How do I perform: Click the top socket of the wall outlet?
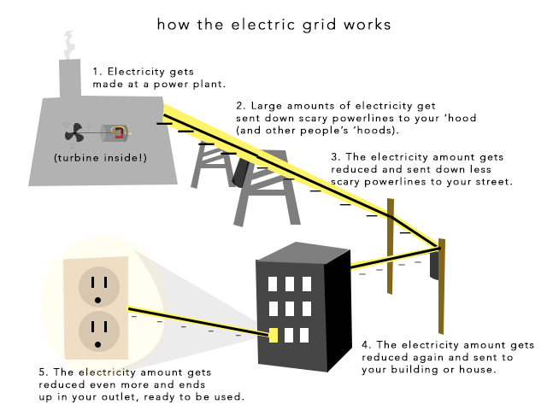pyautogui.click(x=100, y=285)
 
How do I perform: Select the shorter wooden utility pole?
pyautogui.click(x=390, y=248)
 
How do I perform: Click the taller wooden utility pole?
pyautogui.click(x=442, y=290)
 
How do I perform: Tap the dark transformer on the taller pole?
pyautogui.click(x=434, y=265)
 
